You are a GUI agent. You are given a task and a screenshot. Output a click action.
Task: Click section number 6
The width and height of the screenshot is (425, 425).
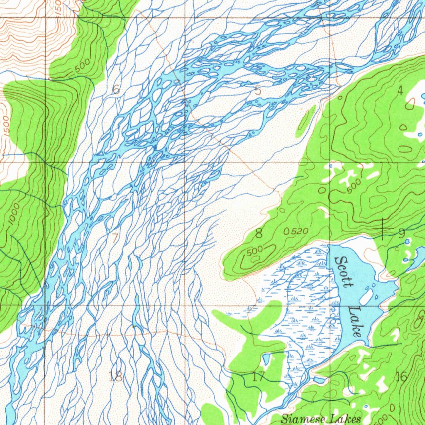116,89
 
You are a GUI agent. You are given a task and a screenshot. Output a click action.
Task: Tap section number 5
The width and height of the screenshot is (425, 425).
258,90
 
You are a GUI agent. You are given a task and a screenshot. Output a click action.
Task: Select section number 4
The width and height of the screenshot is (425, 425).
400,91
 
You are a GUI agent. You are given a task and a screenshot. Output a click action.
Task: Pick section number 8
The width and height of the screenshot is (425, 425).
259,233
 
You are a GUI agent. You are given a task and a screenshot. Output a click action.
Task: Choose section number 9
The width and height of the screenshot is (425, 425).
401,234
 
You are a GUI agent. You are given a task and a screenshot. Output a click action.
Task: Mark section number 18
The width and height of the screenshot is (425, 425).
115,377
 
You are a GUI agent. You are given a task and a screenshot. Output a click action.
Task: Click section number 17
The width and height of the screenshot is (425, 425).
258,377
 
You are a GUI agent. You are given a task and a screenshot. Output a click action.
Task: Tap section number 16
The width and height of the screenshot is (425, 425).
401,377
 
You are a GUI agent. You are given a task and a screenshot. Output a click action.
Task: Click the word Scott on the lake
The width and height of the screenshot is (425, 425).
344,272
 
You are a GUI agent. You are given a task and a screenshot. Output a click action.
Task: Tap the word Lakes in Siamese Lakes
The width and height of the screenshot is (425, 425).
345,418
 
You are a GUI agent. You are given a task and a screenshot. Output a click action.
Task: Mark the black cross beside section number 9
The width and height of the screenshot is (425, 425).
382,228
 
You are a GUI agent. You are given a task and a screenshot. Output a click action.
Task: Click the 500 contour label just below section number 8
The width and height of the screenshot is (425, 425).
255,252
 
